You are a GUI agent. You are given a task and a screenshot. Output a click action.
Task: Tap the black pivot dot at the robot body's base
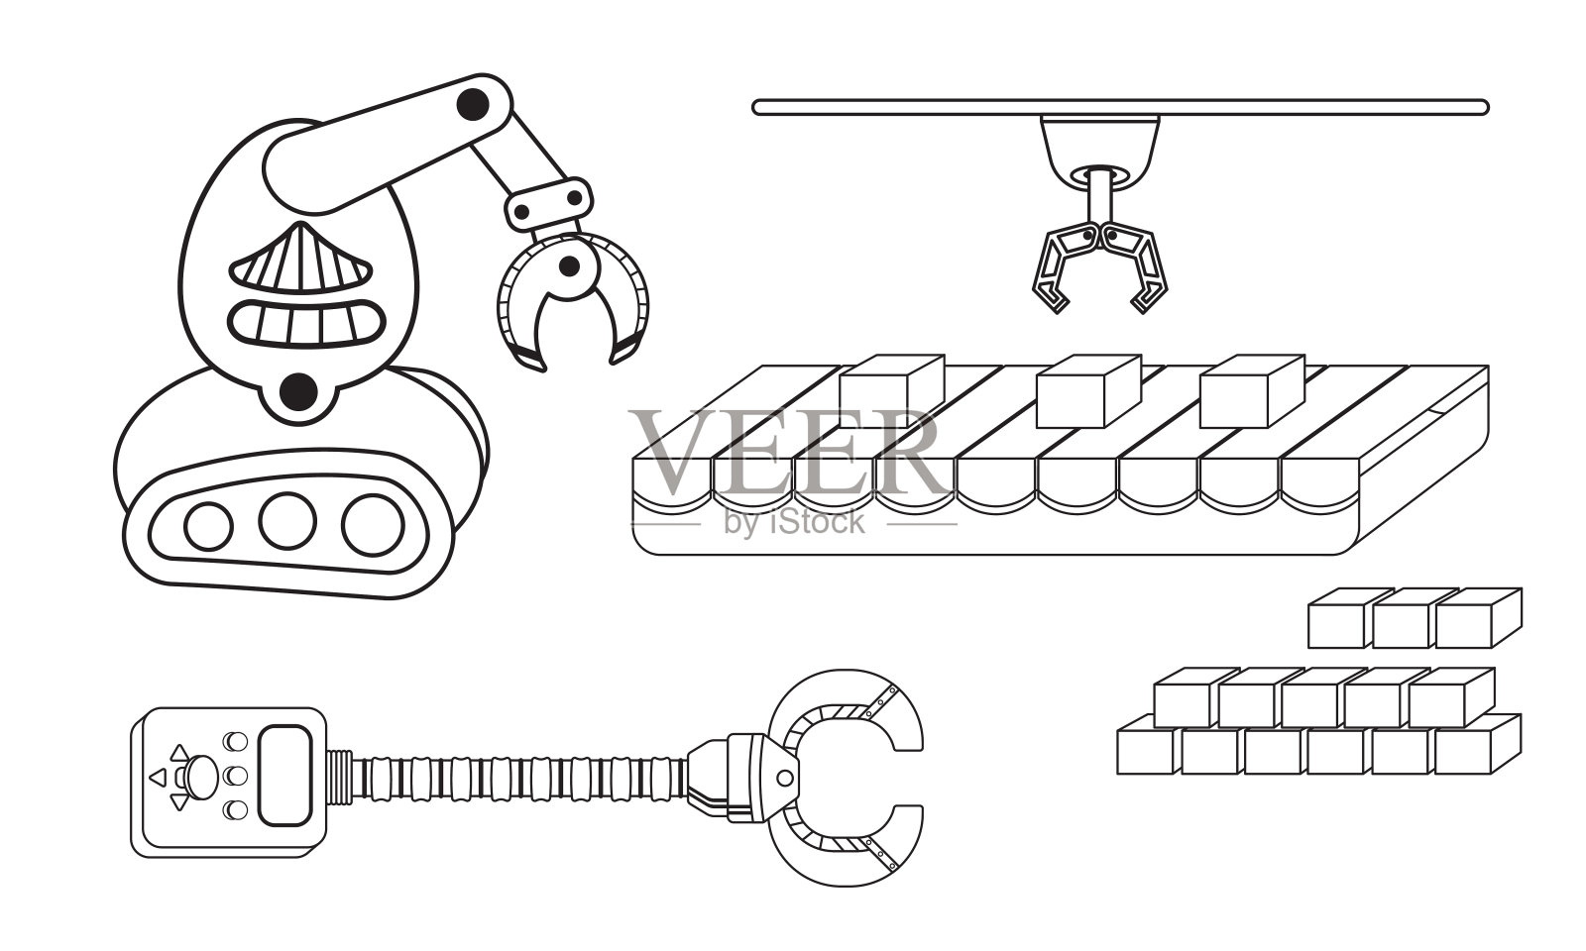(296, 393)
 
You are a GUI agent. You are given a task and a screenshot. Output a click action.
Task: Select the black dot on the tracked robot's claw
(569, 264)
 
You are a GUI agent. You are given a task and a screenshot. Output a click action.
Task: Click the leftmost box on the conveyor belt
(889, 389)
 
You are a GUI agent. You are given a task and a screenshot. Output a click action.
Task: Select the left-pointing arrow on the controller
(157, 777)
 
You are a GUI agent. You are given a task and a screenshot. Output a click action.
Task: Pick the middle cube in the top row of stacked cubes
(1404, 620)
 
